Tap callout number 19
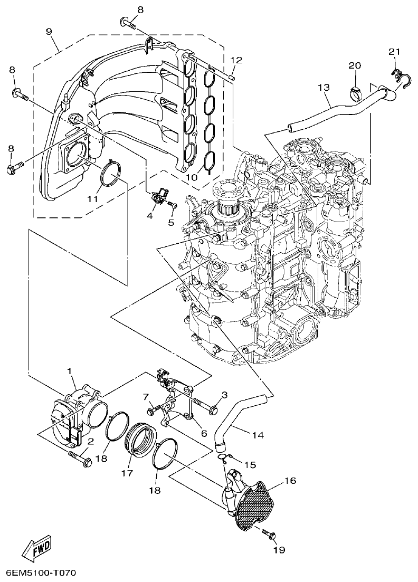(279, 550)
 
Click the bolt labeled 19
(269, 534)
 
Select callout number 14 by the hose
(257, 435)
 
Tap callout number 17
(126, 473)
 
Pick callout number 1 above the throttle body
(69, 371)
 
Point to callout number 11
(93, 199)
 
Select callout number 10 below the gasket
(191, 177)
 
